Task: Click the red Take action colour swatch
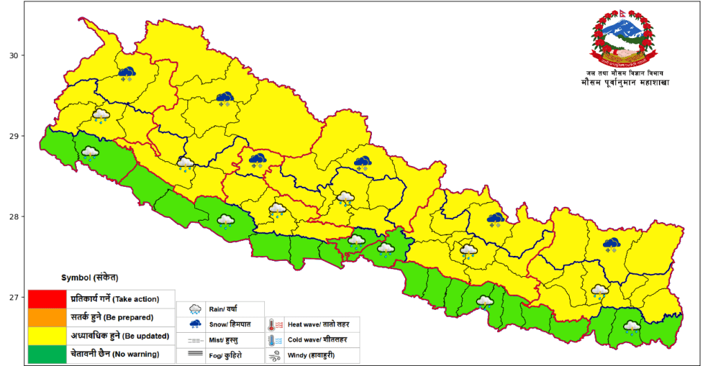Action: pyautogui.click(x=48, y=299)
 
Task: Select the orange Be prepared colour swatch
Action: pyautogui.click(x=48, y=318)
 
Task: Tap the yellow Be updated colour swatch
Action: pyautogui.click(x=48, y=336)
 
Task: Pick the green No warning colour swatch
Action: pyautogui.click(x=48, y=354)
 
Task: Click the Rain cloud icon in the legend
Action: pyautogui.click(x=196, y=309)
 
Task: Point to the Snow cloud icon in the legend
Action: pyautogui.click(x=196, y=324)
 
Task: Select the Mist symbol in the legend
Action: pyautogui.click(x=196, y=340)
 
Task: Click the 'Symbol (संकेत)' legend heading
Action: pyautogui.click(x=90, y=277)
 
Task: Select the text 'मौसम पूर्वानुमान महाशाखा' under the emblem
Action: pyautogui.click(x=625, y=82)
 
